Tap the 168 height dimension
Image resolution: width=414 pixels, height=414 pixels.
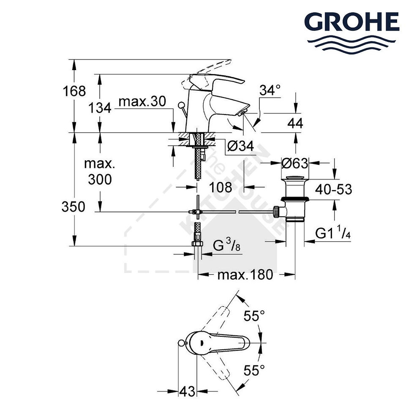click(74, 91)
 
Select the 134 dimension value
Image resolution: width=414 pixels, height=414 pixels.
click(101, 108)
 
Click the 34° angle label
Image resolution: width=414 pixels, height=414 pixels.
click(270, 90)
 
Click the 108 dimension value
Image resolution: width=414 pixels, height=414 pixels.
click(221, 187)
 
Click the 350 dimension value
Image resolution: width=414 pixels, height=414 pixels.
click(74, 207)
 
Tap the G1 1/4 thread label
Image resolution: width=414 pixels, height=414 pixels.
click(333, 234)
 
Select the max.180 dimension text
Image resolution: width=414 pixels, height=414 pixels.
click(245, 275)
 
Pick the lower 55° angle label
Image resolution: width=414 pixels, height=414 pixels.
click(256, 370)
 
